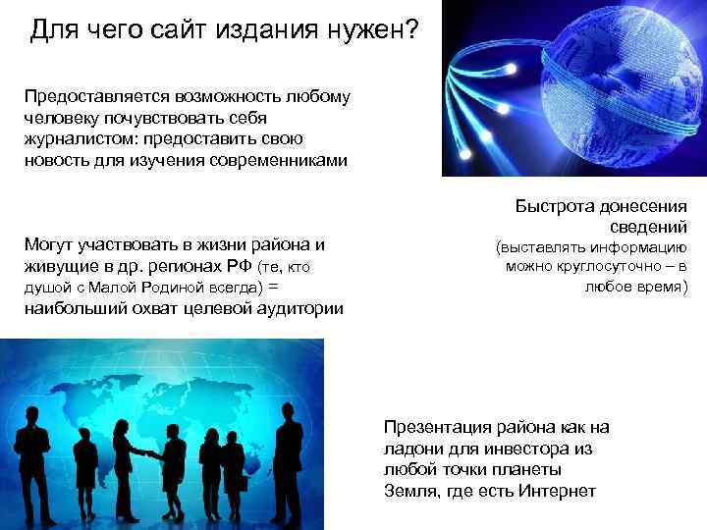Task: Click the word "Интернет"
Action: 559,491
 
